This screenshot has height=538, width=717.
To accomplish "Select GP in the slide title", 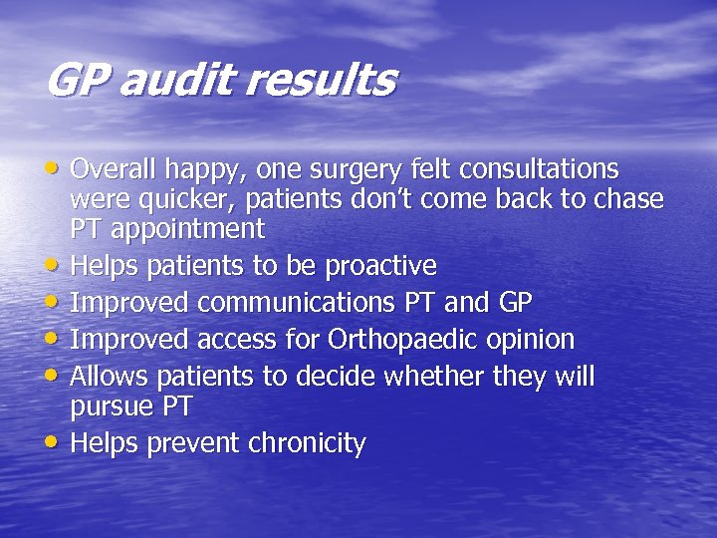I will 77,80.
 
